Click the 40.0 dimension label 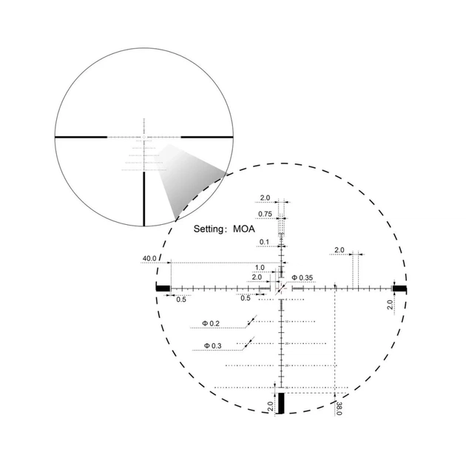point(149,258)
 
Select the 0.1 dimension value point(264,242)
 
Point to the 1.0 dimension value point(260,268)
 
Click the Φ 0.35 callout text point(303,277)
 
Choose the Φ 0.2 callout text point(211,323)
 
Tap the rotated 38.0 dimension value point(338,408)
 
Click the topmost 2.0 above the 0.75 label point(264,198)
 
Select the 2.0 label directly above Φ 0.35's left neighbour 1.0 point(257,277)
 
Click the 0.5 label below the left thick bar point(180,299)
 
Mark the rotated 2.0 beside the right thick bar point(390,305)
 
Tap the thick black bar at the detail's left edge point(163,288)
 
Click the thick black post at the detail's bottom point(280,403)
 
